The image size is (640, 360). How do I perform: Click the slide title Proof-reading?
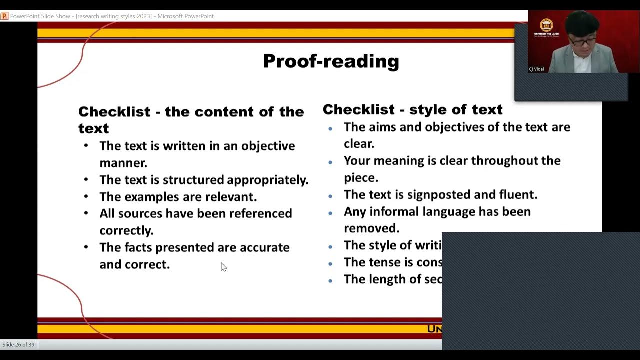[331, 61]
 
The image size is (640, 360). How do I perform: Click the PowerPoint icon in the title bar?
[4, 16]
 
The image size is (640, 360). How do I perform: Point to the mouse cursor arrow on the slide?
[223, 267]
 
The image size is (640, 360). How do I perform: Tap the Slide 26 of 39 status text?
[18, 345]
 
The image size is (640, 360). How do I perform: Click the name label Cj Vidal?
[536, 69]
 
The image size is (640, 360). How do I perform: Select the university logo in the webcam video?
[546, 25]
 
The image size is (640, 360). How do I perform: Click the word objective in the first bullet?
[268, 146]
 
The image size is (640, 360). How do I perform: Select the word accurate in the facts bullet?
[264, 247]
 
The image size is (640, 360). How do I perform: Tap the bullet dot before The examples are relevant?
[86, 197]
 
